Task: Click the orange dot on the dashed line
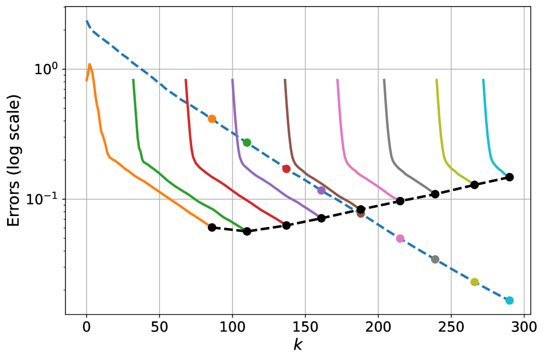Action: tap(212, 119)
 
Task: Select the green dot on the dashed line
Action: tap(247, 142)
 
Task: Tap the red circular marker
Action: tap(286, 169)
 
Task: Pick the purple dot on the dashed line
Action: tap(321, 190)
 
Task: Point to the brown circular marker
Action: tap(361, 213)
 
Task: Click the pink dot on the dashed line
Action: tap(400, 238)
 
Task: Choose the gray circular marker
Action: tap(435, 259)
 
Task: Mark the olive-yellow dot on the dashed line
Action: tap(474, 282)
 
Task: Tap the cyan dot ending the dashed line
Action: tap(509, 301)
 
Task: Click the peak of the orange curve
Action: tap(89, 64)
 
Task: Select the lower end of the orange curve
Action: tap(208, 224)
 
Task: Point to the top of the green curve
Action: tap(133, 80)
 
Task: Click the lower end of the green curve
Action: tap(243, 228)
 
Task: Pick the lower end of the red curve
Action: tap(283, 223)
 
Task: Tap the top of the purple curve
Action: tap(232, 80)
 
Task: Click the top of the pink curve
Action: tap(337, 80)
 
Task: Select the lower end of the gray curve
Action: tap(432, 191)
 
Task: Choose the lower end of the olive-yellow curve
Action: tap(470, 182)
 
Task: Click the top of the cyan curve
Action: tap(483, 80)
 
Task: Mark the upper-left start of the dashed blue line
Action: tap(87, 21)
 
